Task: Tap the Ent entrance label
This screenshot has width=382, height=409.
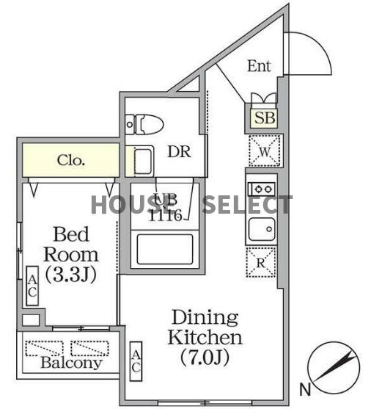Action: pyautogui.click(x=259, y=66)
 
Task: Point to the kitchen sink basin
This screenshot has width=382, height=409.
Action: pyautogui.click(x=261, y=229)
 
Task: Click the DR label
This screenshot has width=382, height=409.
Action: pyautogui.click(x=179, y=152)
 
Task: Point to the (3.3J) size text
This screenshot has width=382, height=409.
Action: pyautogui.click(x=70, y=275)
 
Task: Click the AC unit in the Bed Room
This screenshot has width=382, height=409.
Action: pyautogui.click(x=32, y=287)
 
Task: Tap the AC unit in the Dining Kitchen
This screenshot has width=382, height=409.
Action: pyautogui.click(x=136, y=361)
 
